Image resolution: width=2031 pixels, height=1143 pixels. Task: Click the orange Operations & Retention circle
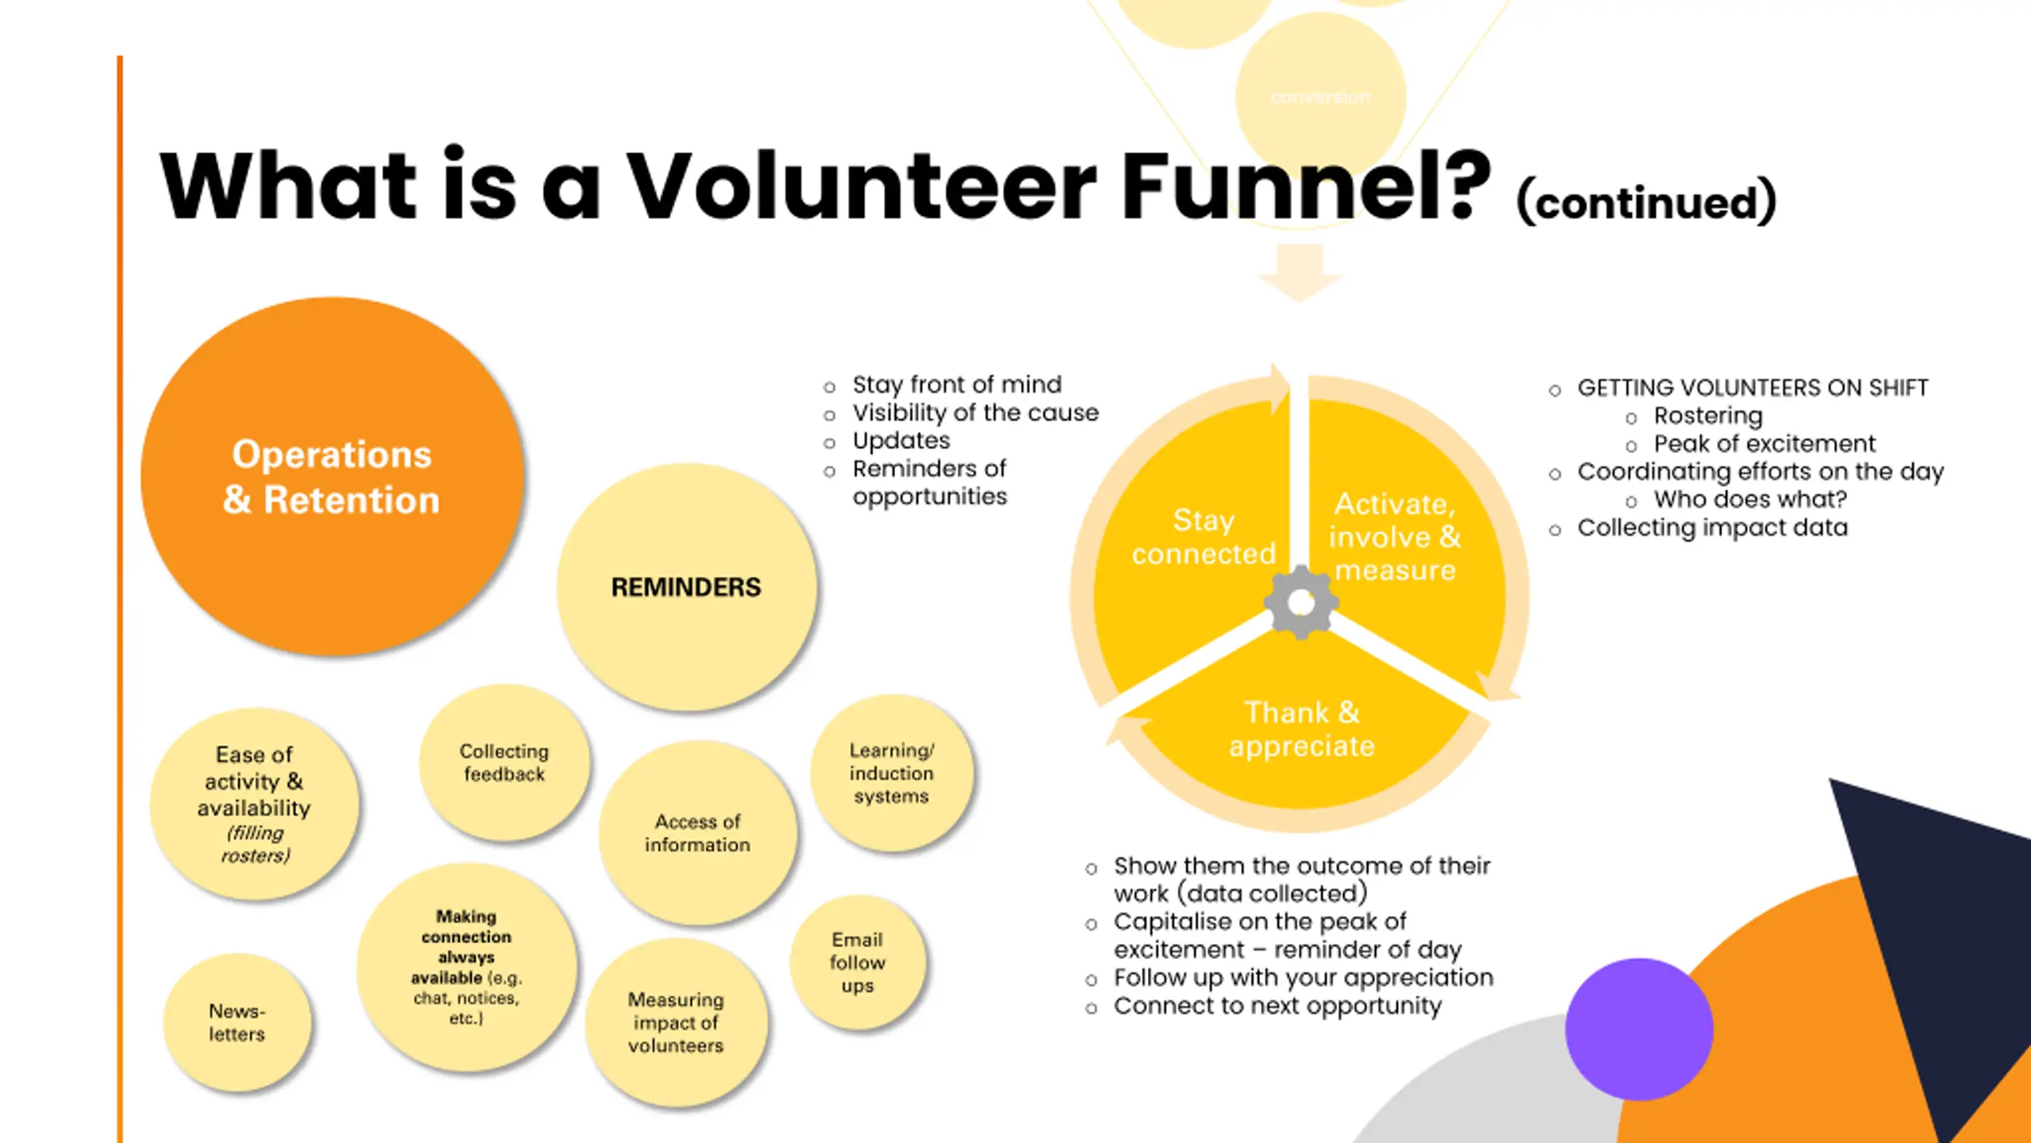point(332,476)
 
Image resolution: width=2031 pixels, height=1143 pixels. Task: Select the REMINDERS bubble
point(686,587)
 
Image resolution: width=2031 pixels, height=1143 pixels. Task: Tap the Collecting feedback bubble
point(505,763)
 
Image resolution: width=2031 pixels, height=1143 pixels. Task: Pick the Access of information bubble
point(697,833)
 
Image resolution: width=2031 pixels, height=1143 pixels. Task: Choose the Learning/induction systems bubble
point(892,773)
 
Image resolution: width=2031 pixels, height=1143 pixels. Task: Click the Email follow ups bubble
point(858,962)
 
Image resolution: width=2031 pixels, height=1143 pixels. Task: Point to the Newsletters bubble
point(237,1022)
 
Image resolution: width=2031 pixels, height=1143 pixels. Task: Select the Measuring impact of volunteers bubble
point(676,1022)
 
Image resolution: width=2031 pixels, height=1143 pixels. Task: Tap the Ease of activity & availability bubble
point(254,803)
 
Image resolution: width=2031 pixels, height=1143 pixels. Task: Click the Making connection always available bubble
point(466,967)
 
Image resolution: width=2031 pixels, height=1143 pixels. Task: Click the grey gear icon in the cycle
point(1301,602)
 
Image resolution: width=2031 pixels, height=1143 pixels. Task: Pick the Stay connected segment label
point(1204,537)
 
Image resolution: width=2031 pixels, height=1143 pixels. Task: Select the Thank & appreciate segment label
point(1302,729)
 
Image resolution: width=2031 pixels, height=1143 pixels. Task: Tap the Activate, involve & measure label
point(1396,537)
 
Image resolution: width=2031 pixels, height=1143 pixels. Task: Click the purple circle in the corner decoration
point(1639,1029)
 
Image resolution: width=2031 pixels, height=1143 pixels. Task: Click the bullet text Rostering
point(1708,416)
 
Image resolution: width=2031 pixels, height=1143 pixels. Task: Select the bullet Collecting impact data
point(1712,528)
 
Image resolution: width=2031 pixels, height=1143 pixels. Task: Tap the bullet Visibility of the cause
point(975,413)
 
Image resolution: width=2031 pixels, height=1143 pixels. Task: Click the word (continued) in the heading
point(1646,202)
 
